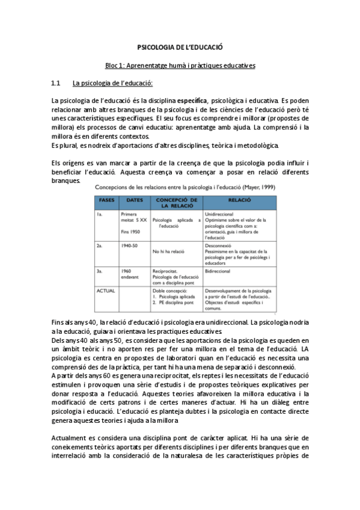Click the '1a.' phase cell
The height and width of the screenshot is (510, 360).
coord(99,213)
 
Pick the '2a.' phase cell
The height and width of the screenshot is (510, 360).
coord(99,246)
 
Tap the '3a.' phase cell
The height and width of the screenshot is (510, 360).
coord(99,271)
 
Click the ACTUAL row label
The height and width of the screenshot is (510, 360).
coord(106,290)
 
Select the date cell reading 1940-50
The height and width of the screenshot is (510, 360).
coord(129,246)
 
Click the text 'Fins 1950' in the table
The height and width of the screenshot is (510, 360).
coord(130,232)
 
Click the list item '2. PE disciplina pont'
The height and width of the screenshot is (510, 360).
coord(175,303)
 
